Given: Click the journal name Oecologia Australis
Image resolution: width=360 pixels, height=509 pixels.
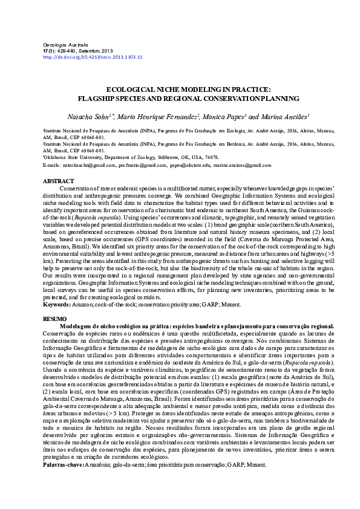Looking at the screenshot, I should [67, 45].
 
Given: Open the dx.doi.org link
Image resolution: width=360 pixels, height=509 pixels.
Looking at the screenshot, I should [93, 57].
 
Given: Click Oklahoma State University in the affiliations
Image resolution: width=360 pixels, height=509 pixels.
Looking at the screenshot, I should [72, 156].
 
